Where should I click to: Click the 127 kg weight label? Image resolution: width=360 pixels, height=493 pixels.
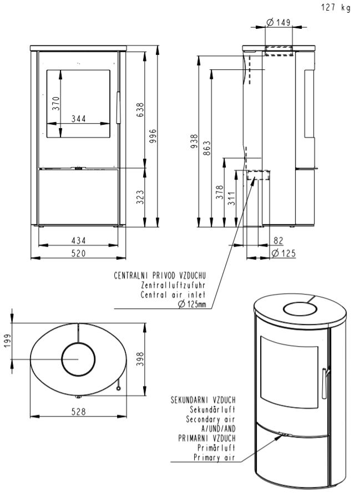[x=336, y=8]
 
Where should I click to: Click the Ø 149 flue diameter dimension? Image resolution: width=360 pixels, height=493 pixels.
[x=278, y=22]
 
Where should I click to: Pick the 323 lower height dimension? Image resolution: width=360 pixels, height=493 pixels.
[x=140, y=196]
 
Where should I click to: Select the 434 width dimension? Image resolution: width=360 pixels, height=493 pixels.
[x=78, y=241]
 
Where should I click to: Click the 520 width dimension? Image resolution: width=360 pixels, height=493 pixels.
[x=78, y=253]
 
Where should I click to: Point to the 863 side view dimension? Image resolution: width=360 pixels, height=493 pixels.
[x=207, y=149]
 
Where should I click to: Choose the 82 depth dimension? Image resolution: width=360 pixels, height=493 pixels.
[x=278, y=241]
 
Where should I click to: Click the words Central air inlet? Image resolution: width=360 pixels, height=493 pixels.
[x=174, y=294]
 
